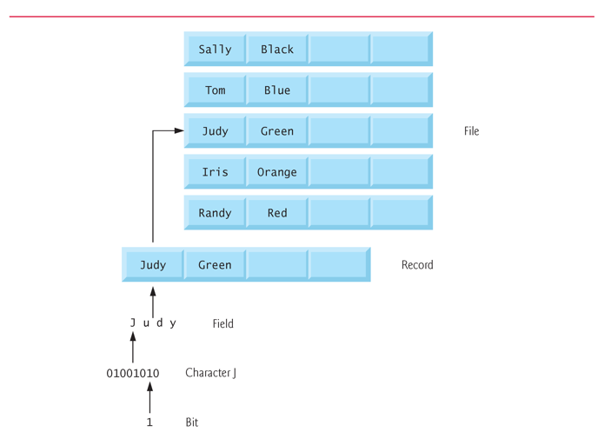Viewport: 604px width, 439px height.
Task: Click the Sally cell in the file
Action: [215, 50]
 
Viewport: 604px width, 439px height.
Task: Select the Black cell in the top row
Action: [277, 50]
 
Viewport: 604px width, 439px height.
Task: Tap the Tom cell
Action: [215, 90]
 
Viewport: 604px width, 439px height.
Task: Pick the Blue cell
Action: [277, 90]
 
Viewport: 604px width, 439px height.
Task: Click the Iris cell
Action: [215, 172]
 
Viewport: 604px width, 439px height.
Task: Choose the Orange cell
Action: [277, 172]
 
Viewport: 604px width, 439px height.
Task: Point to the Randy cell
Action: [215, 213]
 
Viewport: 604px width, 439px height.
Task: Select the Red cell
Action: [277, 213]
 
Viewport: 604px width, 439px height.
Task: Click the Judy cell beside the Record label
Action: [153, 265]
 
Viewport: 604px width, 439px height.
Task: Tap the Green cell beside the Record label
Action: [215, 265]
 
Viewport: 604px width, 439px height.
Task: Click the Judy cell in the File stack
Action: [215, 131]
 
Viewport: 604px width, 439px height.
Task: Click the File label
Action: [471, 131]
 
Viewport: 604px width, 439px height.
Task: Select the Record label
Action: [417, 265]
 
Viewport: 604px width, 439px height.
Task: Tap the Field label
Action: [222, 323]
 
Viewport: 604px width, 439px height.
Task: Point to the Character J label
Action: [210, 373]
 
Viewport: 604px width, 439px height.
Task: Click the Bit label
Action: [192, 422]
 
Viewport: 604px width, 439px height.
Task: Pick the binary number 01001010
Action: [133, 374]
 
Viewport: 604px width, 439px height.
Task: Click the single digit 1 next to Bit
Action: [149, 422]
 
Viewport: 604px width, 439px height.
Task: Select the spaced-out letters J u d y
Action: [153, 323]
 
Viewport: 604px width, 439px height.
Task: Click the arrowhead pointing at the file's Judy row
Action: [179, 131]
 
